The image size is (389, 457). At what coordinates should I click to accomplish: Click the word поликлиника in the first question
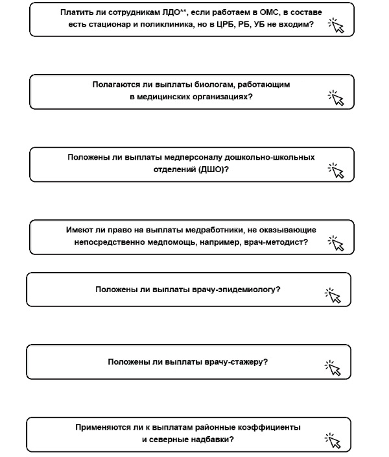(x=171, y=24)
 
